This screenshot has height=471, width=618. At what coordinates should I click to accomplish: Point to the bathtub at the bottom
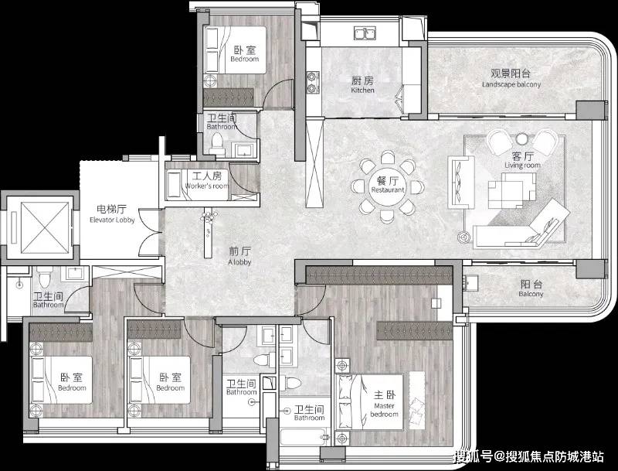tap(301, 438)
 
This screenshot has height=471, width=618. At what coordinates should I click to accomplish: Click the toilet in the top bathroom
tap(218, 142)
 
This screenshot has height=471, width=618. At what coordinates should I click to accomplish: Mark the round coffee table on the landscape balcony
tap(523, 139)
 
